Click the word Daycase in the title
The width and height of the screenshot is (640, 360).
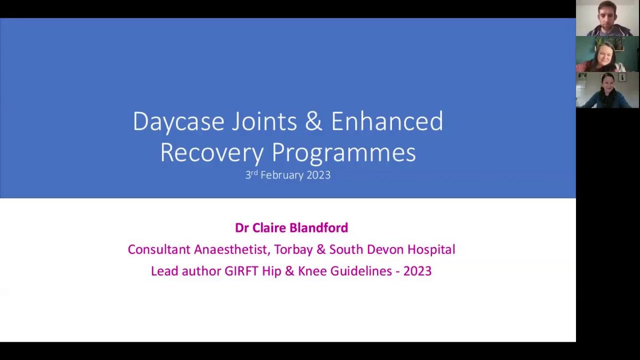point(179,122)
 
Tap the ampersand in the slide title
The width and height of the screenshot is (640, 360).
point(314,121)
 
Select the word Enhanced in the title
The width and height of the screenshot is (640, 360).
point(387,121)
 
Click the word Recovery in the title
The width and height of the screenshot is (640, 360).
point(212,153)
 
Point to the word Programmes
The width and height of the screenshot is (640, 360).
point(343,153)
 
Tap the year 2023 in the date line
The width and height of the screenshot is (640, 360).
point(318,175)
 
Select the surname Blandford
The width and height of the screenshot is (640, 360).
point(319,228)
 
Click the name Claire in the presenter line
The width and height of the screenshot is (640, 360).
point(269,228)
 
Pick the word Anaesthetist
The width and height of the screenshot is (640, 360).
point(232,249)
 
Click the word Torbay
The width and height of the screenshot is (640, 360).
point(294,250)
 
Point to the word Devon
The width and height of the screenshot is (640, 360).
point(386,249)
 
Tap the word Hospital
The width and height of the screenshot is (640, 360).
point(431,250)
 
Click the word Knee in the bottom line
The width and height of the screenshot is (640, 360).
point(313,271)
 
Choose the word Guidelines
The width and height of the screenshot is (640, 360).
point(361,271)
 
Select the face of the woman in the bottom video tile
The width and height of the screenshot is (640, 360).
point(607,83)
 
